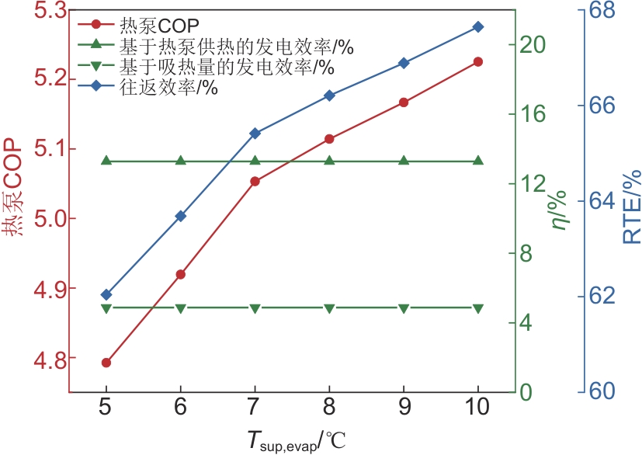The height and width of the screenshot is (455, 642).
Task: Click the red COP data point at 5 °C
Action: click(x=106, y=363)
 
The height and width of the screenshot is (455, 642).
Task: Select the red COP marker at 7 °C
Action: click(x=255, y=181)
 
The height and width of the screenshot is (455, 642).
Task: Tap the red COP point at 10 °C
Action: click(x=477, y=61)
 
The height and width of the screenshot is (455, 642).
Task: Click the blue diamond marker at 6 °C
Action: click(x=181, y=216)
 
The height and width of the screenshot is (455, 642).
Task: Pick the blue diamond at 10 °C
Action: click(x=477, y=27)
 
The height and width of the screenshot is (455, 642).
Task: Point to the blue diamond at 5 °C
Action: click(x=106, y=295)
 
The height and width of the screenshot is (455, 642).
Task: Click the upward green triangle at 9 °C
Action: click(x=404, y=161)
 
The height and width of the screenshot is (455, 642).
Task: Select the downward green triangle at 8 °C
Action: click(x=329, y=308)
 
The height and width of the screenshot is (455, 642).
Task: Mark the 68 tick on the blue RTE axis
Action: click(x=607, y=10)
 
